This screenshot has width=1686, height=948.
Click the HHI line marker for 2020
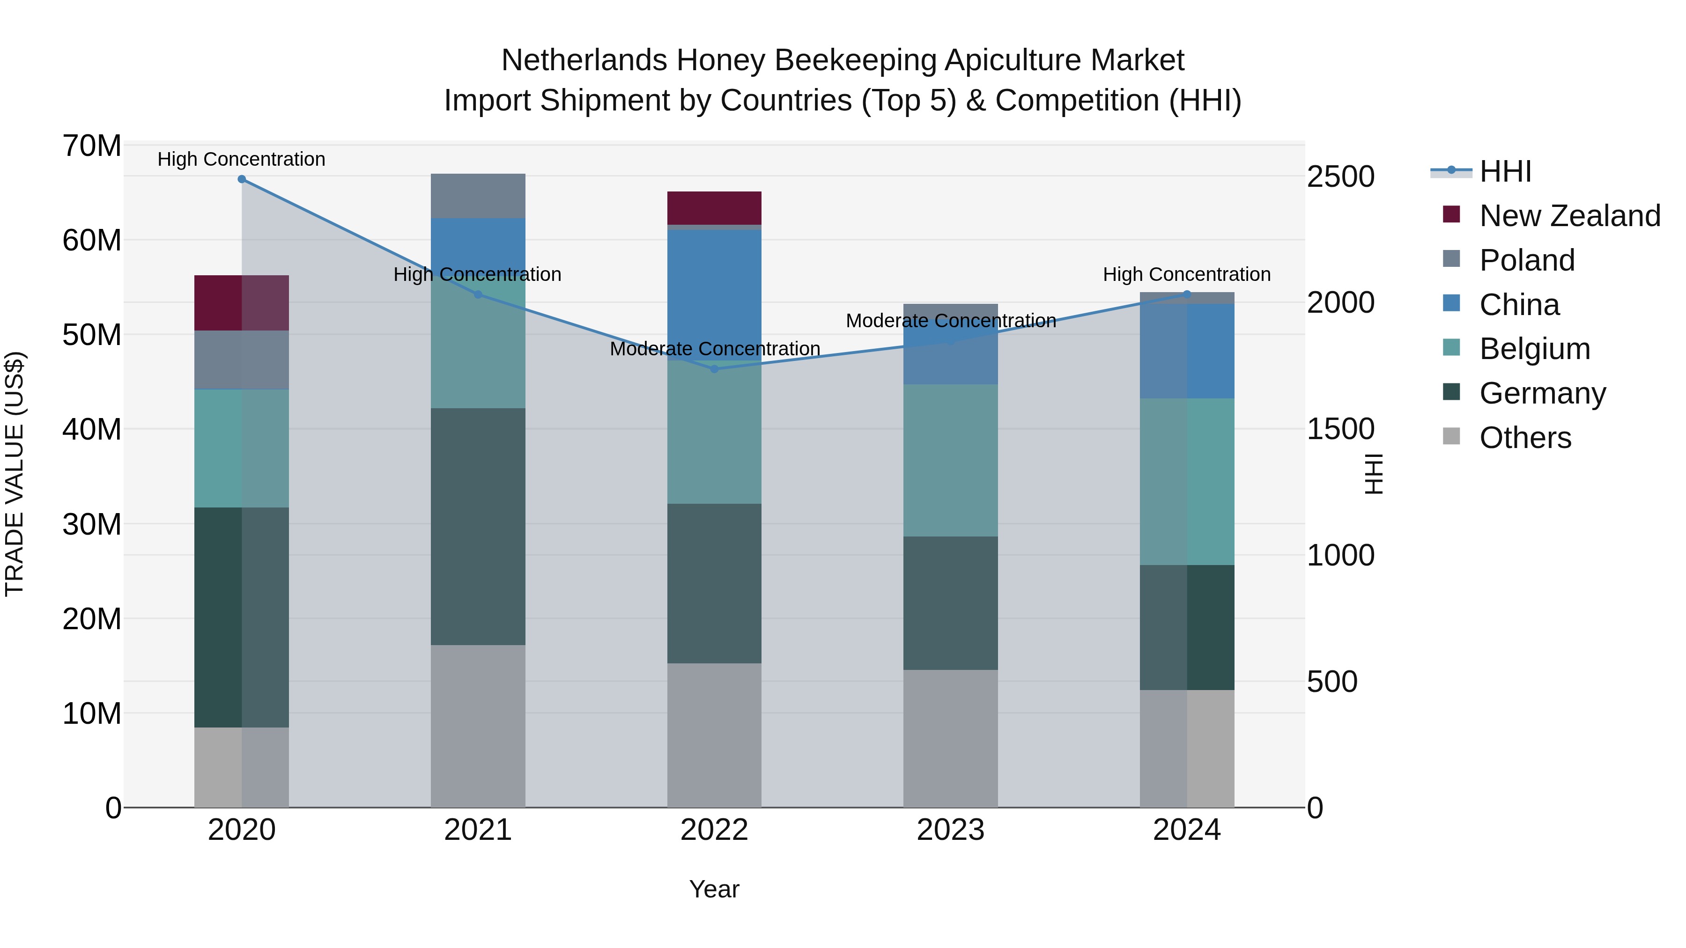point(242,179)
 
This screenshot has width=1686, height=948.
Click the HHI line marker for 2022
point(714,369)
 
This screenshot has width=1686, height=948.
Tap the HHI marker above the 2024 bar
point(1187,294)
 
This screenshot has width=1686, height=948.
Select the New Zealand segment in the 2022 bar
point(714,208)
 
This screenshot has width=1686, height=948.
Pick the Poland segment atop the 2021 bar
point(478,196)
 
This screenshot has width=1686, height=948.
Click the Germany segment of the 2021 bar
point(478,527)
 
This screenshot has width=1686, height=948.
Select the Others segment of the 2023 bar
point(950,738)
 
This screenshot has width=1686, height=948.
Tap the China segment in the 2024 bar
point(1187,351)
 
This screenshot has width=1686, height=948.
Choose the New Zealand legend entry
point(1569,216)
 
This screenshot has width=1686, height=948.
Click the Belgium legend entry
point(1534,349)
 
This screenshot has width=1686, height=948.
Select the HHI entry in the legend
point(1505,171)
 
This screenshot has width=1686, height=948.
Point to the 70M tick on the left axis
point(92,146)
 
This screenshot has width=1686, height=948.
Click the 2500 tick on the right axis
point(1340,176)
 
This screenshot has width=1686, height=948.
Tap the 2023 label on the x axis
point(950,830)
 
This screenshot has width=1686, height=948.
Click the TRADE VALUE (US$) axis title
point(15,474)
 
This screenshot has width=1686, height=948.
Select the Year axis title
point(714,889)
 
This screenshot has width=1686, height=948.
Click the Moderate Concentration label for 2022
point(715,349)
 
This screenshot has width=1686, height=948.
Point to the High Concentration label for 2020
point(242,159)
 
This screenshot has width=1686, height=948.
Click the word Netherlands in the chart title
point(584,60)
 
